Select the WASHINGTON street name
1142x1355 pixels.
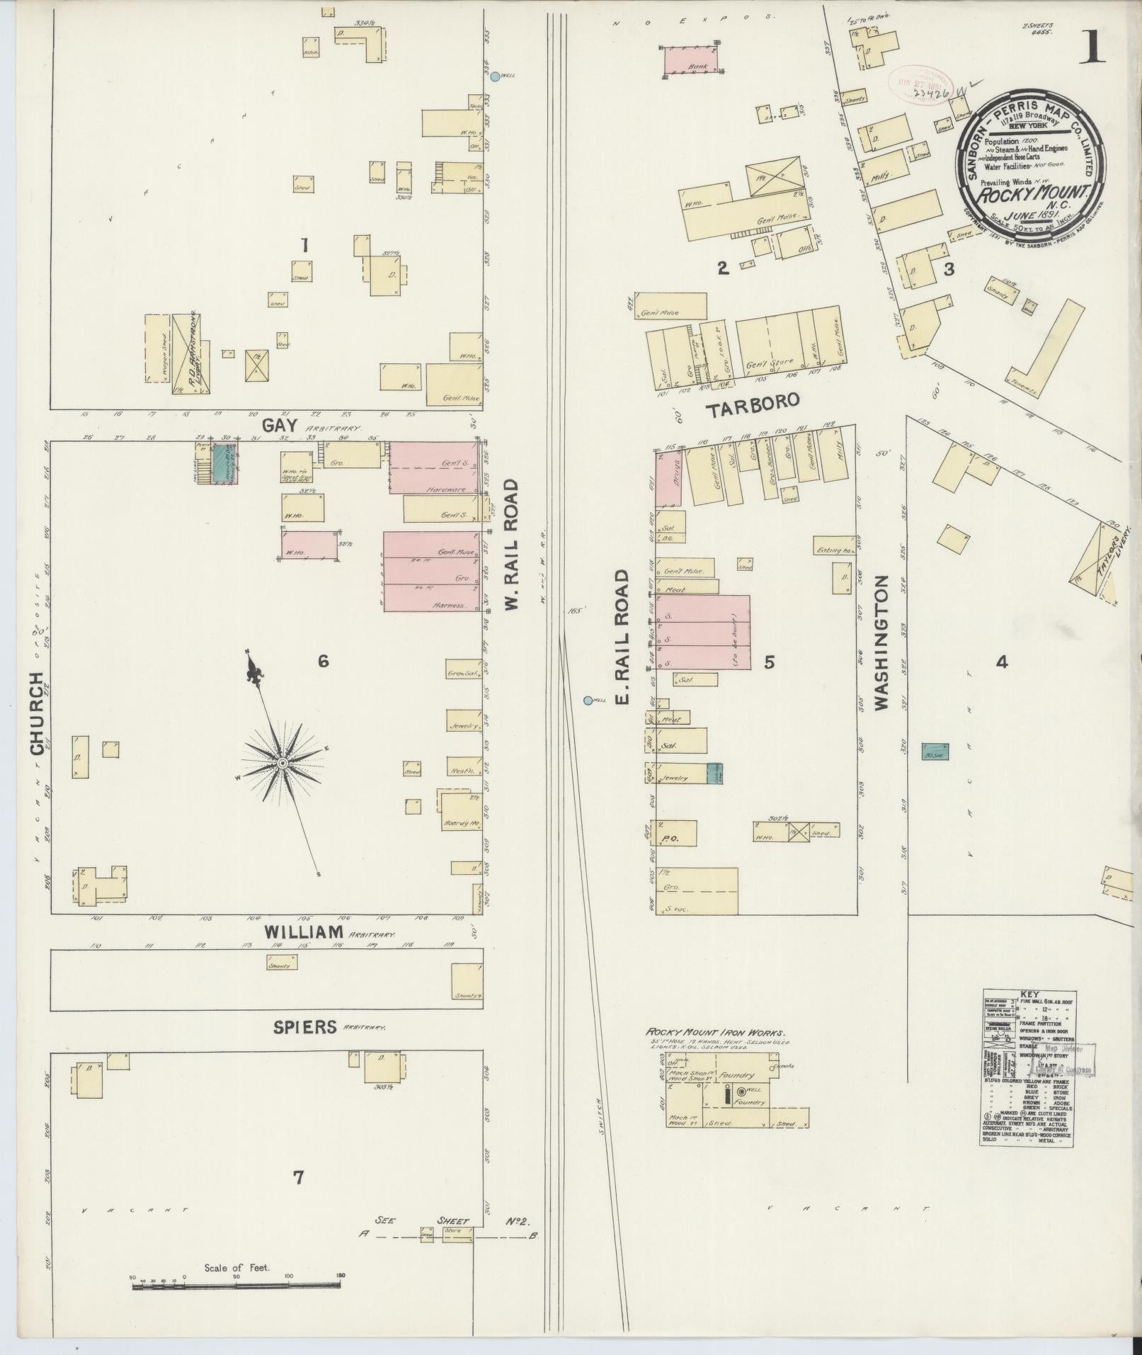tap(880, 642)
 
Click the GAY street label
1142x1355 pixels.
tap(278, 426)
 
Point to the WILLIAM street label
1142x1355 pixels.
tap(304, 932)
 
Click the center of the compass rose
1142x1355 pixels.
tap(282, 764)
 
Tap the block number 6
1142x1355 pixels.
tap(323, 662)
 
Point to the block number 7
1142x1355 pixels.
tap(299, 1178)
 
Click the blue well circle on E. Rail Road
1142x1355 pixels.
tap(588, 701)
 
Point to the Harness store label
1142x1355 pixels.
tap(450, 605)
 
